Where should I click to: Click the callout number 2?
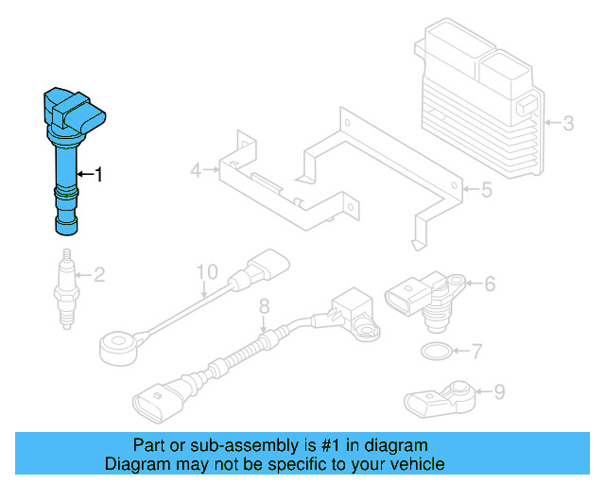[x=99, y=276]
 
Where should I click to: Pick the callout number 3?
[x=568, y=123]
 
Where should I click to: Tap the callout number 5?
[x=486, y=191]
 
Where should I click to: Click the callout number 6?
[x=491, y=283]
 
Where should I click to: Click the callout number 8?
[x=264, y=305]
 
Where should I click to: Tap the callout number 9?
[x=499, y=390]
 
